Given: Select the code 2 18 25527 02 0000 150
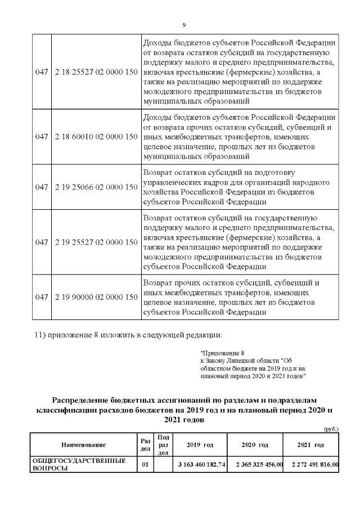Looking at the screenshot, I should [97, 73].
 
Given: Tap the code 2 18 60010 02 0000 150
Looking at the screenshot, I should [97, 137].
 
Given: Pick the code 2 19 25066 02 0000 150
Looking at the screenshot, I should [97, 187].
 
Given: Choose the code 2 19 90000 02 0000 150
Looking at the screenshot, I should [97, 296].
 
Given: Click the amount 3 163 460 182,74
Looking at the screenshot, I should [201, 465].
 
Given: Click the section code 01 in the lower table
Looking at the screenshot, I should [144, 465].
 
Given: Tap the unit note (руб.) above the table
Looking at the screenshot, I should [331, 429].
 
